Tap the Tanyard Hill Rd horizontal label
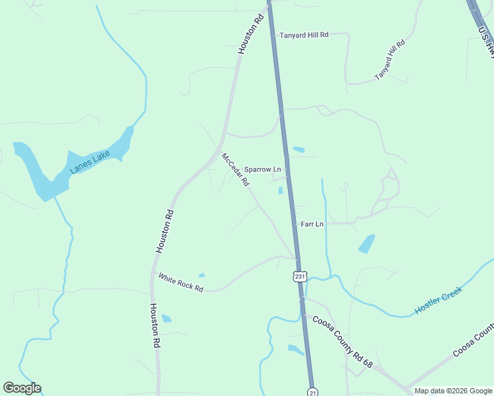tap(304, 35)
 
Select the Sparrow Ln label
tap(263, 170)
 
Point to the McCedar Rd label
tap(234, 170)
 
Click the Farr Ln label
tap(312, 224)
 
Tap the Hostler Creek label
tap(439, 300)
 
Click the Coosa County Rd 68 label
tap(343, 342)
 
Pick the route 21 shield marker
tap(313, 391)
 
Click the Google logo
tap(22, 388)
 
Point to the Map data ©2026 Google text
tap(452, 391)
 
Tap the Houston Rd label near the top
tap(251, 34)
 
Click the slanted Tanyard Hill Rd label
tap(389, 60)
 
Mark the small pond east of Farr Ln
tap(367, 244)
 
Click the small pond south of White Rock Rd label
tap(166, 318)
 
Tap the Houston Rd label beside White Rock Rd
tap(164, 231)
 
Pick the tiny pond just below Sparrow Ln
tap(281, 191)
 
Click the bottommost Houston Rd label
tap(155, 326)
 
